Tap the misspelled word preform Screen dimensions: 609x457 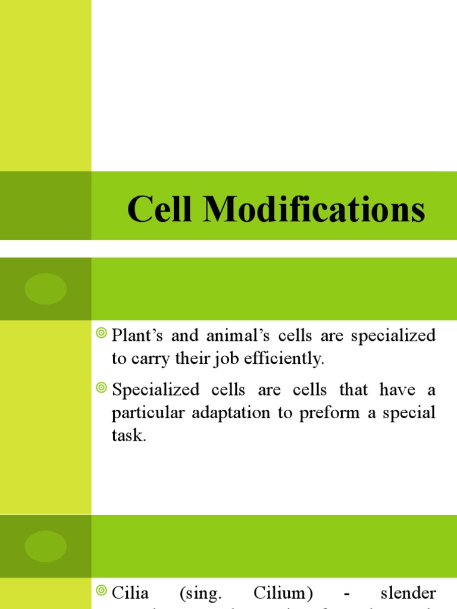point(326,413)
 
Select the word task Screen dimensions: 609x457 point(128,436)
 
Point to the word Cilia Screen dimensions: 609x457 point(130,593)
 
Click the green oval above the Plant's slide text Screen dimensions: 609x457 point(45,289)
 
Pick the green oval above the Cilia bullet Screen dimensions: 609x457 point(45,546)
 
